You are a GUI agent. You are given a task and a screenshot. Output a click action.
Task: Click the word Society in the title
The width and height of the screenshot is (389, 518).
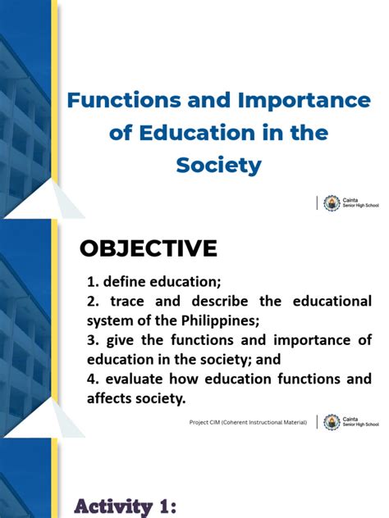click(x=219, y=165)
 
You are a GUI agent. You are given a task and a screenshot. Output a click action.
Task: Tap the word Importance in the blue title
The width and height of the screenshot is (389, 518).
click(x=304, y=100)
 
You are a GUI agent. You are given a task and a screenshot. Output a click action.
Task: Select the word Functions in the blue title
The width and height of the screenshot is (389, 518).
click(x=121, y=100)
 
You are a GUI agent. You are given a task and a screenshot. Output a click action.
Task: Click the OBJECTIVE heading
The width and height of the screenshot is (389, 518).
click(x=148, y=248)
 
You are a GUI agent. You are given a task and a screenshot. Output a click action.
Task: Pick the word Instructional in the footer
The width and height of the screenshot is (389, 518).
click(x=262, y=422)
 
